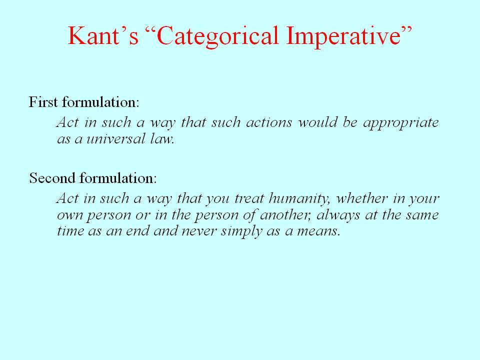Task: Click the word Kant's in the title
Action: [x=103, y=35]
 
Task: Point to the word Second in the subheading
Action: [x=52, y=178]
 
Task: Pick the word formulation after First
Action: [x=100, y=102]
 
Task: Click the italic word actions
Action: [x=269, y=122]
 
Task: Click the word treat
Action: [x=249, y=199]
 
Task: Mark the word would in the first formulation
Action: [x=317, y=122]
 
